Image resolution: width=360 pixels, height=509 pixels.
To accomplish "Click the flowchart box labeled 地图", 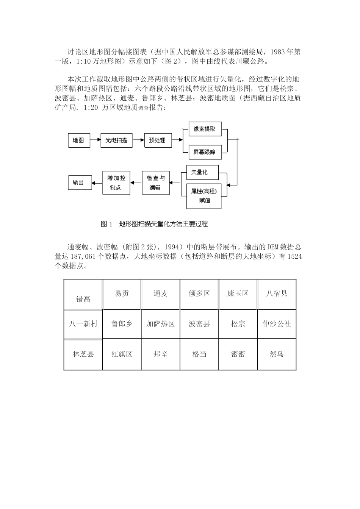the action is pyautogui.click(x=79, y=141).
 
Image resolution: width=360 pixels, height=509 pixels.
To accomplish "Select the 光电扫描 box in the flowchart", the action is pyautogui.click(x=116, y=141).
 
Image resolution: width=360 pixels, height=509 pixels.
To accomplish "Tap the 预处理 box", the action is pyautogui.click(x=157, y=140).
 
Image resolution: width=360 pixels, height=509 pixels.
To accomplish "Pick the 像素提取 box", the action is pyautogui.click(x=205, y=129).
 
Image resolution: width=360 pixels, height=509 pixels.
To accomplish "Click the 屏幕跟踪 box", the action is pyautogui.click(x=205, y=152).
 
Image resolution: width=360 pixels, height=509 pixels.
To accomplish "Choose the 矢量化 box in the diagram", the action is pyautogui.click(x=202, y=172).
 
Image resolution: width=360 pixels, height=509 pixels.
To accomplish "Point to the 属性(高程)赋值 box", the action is pyautogui.click(x=204, y=196).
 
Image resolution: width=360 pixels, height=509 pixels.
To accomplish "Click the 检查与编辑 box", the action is pyautogui.click(x=155, y=183).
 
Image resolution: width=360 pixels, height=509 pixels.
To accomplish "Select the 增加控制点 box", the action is pyautogui.click(x=116, y=183).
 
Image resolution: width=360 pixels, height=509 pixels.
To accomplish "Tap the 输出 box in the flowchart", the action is pyautogui.click(x=78, y=183).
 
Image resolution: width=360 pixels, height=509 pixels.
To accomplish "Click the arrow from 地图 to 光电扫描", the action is pyautogui.click(x=95, y=141).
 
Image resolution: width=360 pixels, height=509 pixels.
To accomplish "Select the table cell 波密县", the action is pyautogui.click(x=199, y=324).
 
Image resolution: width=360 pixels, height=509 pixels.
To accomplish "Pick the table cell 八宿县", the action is pyautogui.click(x=277, y=294).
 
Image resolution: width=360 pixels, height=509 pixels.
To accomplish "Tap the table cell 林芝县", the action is pyautogui.click(x=83, y=354).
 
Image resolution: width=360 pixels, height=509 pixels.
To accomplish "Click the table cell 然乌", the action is pyautogui.click(x=277, y=354).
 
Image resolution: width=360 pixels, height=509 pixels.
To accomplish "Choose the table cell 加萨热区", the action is pyautogui.click(x=161, y=324).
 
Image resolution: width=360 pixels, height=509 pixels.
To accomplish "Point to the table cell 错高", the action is pyautogui.click(x=83, y=299).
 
